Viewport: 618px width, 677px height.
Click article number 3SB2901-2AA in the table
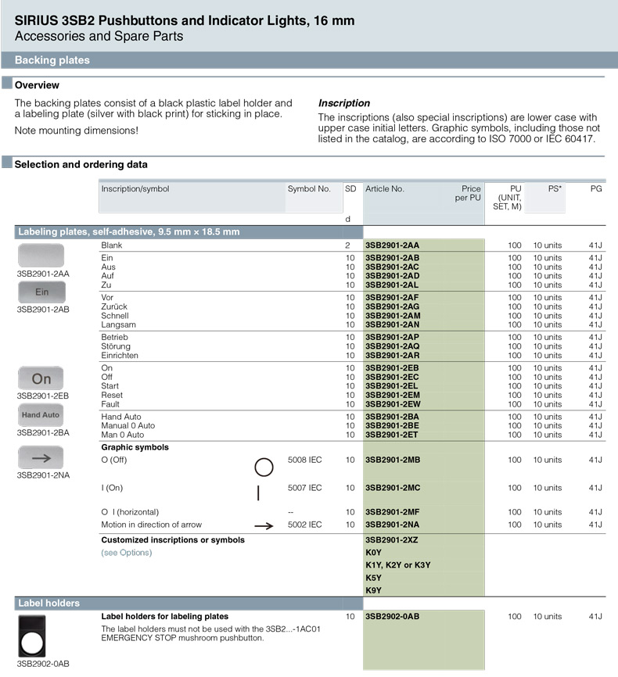coord(392,245)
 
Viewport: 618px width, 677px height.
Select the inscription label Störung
coord(116,346)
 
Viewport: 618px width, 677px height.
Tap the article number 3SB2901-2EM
coord(392,396)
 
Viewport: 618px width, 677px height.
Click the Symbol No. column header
coord(309,189)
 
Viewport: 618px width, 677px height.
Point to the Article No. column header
coord(384,189)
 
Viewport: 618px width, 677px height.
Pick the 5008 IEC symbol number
coord(304,460)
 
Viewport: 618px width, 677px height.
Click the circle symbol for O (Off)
coord(264,467)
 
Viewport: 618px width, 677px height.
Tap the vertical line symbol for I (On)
coord(258,493)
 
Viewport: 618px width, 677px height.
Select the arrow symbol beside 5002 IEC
coord(264,526)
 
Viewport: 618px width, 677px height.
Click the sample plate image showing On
coord(41,378)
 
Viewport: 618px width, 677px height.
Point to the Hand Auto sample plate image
coord(41,415)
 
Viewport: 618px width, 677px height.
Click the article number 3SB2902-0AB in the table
coord(392,616)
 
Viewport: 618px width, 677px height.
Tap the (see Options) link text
coord(127,553)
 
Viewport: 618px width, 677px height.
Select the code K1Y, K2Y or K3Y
coord(397,565)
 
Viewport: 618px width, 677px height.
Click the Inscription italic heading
coord(344,103)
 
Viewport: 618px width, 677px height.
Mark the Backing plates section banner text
coord(52,60)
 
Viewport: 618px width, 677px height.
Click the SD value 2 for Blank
coord(348,245)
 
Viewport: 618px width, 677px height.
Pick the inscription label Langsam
coord(118,324)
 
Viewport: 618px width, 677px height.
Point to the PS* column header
coord(555,189)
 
